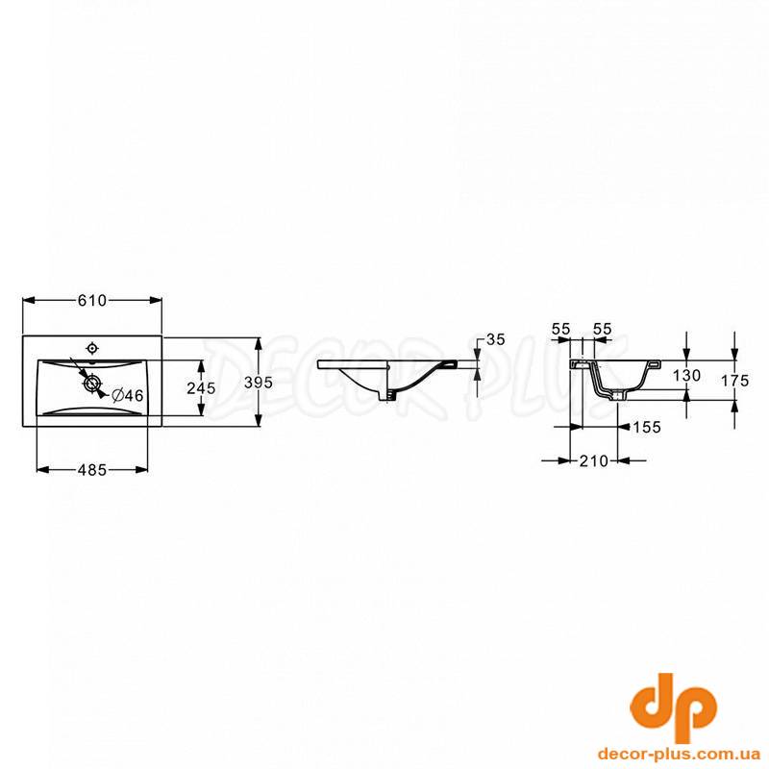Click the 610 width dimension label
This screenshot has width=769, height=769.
(x=92, y=300)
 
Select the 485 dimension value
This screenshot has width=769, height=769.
(x=92, y=470)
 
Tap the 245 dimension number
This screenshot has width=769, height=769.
(x=201, y=388)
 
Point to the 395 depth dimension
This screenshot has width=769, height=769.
(x=259, y=382)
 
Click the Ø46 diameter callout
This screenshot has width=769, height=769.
(x=128, y=395)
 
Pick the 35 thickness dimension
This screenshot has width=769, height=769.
(x=495, y=339)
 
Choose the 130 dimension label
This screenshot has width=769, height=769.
(x=686, y=376)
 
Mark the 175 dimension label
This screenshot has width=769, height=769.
(x=735, y=381)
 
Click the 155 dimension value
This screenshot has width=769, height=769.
(x=646, y=427)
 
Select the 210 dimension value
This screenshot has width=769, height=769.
(x=593, y=461)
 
